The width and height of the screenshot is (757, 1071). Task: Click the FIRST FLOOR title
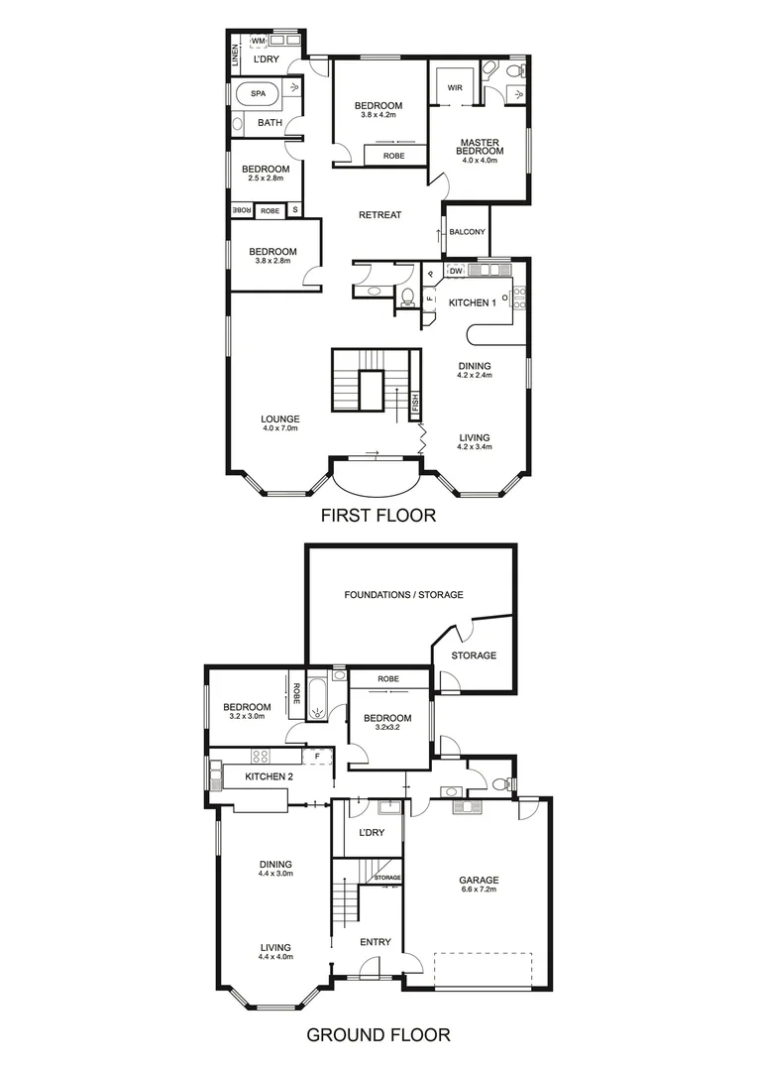pyautogui.click(x=378, y=517)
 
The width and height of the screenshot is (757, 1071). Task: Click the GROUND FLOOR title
pyautogui.click(x=378, y=1035)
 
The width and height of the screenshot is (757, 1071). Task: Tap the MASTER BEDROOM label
pyautogui.click(x=480, y=146)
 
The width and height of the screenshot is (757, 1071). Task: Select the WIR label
pyautogui.click(x=455, y=88)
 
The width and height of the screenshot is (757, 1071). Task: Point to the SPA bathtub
pyautogui.click(x=258, y=94)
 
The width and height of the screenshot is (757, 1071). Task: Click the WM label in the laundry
pyautogui.click(x=257, y=41)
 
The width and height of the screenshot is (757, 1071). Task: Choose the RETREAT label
pyautogui.click(x=379, y=215)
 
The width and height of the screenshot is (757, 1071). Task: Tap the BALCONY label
pyautogui.click(x=467, y=232)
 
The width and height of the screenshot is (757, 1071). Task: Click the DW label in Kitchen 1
pyautogui.click(x=456, y=271)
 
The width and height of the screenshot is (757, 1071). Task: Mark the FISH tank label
pyautogui.click(x=415, y=404)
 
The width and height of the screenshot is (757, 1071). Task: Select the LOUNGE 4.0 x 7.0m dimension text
pyautogui.click(x=280, y=428)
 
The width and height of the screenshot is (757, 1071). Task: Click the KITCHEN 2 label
pyautogui.click(x=269, y=775)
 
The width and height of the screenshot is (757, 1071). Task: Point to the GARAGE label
pyautogui.click(x=478, y=880)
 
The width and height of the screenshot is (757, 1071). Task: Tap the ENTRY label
pyautogui.click(x=375, y=942)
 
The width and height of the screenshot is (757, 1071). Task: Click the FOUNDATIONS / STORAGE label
pyautogui.click(x=403, y=595)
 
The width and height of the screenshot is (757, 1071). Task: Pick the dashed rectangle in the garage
pyautogui.click(x=483, y=969)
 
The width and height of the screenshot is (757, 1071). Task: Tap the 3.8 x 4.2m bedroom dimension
pyautogui.click(x=378, y=117)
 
